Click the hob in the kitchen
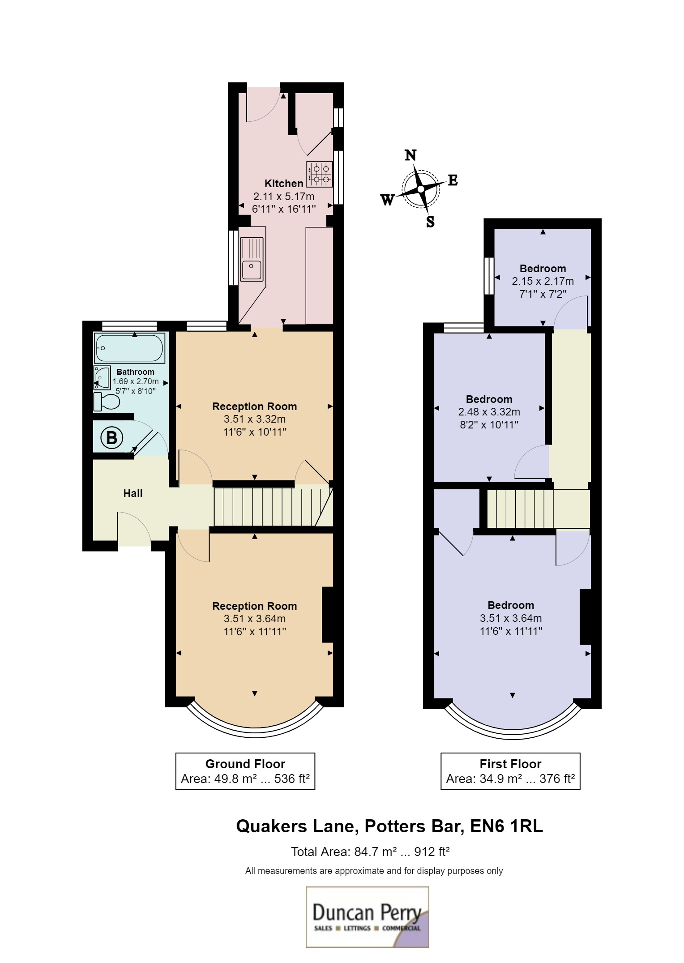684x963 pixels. click(x=320, y=174)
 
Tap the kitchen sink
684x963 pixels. click(x=252, y=259)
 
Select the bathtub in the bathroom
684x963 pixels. click(x=129, y=348)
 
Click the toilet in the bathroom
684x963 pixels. click(x=107, y=402)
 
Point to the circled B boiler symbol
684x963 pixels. click(x=111, y=437)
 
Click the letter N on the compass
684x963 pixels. click(x=410, y=155)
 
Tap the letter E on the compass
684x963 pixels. click(x=453, y=180)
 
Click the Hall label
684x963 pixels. click(x=133, y=493)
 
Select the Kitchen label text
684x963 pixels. click(x=284, y=184)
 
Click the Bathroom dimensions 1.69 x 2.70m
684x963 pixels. click(x=136, y=381)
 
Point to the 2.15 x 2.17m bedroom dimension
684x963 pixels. click(x=543, y=281)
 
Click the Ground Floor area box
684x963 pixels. click(x=245, y=771)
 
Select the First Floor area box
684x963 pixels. click(x=510, y=771)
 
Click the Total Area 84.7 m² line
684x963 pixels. click(x=370, y=852)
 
